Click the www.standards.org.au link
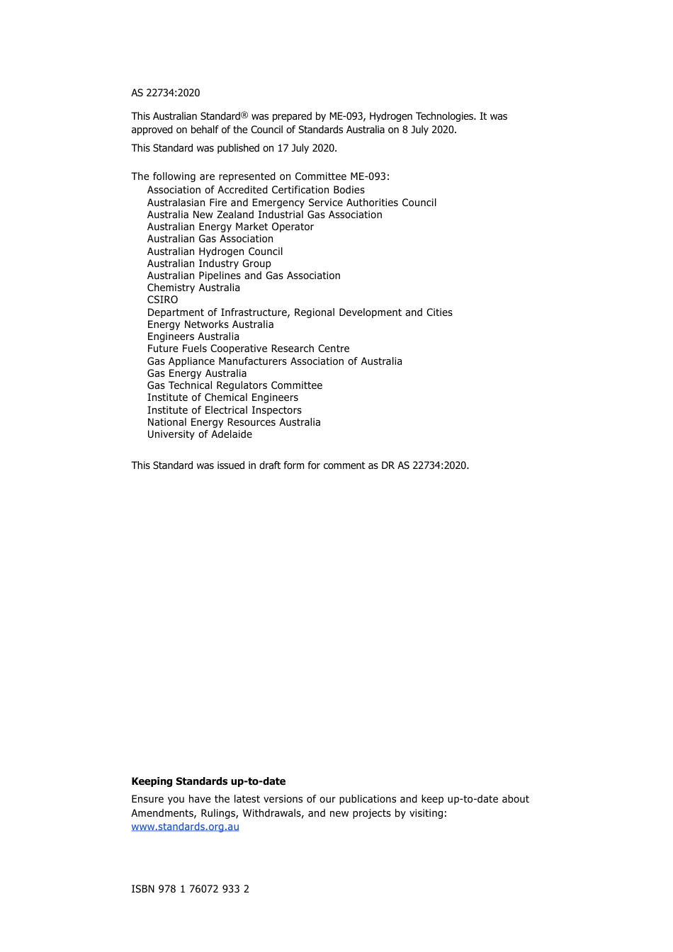click(x=185, y=827)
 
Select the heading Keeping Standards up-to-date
click(x=208, y=781)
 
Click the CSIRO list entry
click(x=162, y=300)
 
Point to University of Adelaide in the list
click(x=199, y=434)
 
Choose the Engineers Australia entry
click(x=193, y=336)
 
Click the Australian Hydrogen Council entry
click(x=215, y=251)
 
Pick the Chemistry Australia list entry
click(x=193, y=288)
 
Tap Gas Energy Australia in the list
click(x=197, y=373)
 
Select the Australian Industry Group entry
click(x=209, y=263)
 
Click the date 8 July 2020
click(x=429, y=130)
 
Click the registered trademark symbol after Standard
click(x=244, y=115)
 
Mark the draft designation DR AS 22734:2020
click(x=424, y=465)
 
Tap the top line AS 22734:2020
click(x=165, y=93)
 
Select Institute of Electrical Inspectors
click(x=224, y=410)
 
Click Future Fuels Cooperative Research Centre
click(x=248, y=348)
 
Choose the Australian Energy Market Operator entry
click(x=230, y=227)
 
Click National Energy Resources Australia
click(x=234, y=422)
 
